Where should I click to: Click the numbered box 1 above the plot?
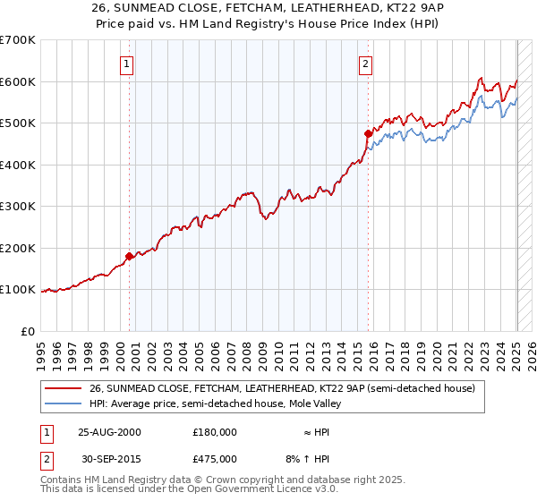coord(127,64)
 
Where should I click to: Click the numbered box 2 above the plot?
coord(366,64)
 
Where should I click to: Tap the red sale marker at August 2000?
coord(130,256)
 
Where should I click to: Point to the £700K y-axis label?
coord(18,40)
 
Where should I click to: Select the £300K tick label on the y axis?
coord(18,207)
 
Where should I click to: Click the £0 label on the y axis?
coord(29,331)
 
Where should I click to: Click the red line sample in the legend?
coord(64,388)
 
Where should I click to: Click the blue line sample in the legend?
coord(64,403)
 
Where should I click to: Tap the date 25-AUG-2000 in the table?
coord(109,431)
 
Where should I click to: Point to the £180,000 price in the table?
coord(214,431)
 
